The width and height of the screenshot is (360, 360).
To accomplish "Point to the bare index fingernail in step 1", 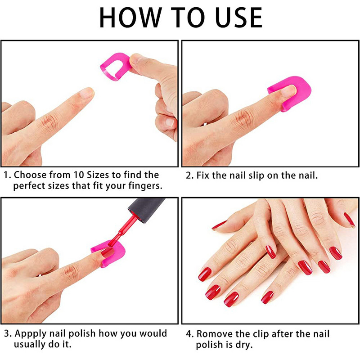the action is coord(87,93).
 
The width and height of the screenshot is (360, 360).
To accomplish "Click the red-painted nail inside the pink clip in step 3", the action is coord(108,252).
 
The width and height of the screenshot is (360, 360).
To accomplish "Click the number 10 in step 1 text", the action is coord(78,175).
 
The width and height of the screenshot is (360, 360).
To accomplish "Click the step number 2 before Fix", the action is coord(189,175).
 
